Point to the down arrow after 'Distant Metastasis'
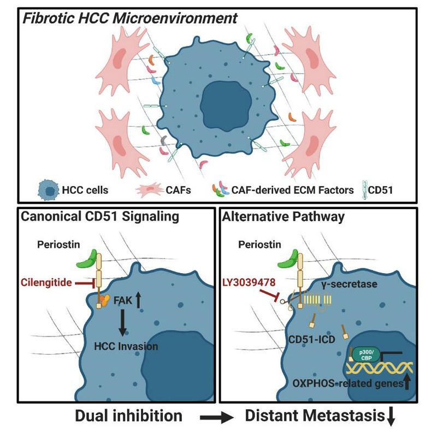click(390, 418)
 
